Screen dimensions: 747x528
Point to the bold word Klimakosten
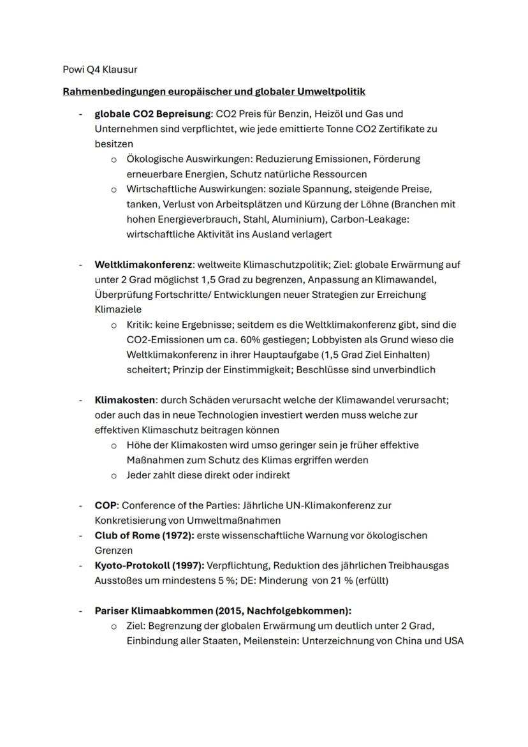click(x=124, y=400)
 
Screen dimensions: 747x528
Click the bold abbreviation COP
click(x=105, y=505)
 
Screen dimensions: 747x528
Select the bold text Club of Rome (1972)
click(x=143, y=535)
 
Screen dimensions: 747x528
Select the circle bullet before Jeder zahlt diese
click(x=114, y=475)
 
